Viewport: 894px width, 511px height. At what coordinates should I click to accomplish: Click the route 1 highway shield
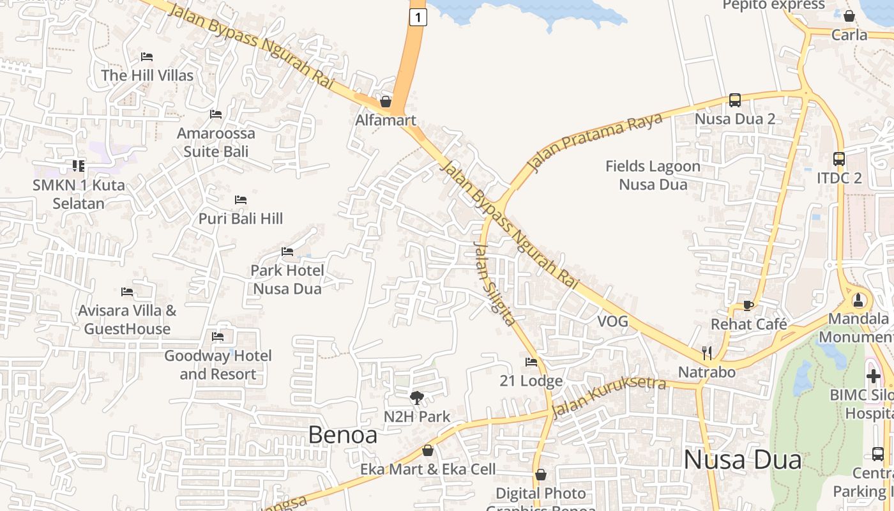tap(418, 18)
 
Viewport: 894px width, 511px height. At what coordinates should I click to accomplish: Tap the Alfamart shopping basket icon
tap(386, 102)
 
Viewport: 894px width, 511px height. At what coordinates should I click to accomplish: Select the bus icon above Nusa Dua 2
tap(735, 100)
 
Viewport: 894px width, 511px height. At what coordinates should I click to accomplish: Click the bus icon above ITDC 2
tap(839, 159)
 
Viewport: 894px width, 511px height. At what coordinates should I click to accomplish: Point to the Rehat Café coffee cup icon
tap(748, 306)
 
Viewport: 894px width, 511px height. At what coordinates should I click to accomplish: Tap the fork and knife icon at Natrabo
tap(707, 353)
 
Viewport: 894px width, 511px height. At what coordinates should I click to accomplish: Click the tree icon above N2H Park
tap(417, 398)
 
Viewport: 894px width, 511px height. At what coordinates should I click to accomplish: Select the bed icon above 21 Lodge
tap(531, 362)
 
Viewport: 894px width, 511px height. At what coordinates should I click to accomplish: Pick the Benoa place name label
tap(342, 434)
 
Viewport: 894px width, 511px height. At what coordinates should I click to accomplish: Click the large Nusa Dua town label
tap(742, 460)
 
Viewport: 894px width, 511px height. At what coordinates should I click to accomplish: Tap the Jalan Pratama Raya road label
tap(595, 143)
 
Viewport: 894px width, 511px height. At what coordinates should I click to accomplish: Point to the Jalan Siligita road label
tap(494, 284)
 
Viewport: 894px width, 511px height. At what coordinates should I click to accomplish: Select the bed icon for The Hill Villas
tap(147, 57)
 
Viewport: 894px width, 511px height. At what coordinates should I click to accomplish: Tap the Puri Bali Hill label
tap(241, 218)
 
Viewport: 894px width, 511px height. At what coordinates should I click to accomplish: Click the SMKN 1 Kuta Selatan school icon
tap(79, 166)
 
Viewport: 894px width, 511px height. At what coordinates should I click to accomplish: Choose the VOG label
tap(613, 321)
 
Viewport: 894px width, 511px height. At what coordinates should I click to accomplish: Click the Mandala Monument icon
tap(858, 300)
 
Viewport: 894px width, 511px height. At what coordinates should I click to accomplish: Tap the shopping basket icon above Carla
tap(849, 16)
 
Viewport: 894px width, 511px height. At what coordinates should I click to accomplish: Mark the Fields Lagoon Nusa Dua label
tap(653, 176)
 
